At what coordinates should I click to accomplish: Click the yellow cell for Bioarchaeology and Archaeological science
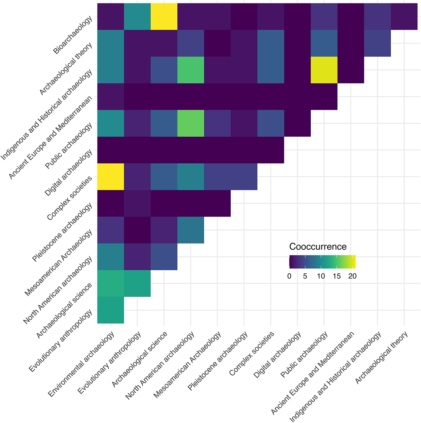pos(164,17)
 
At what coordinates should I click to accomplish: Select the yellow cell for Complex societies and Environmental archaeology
pos(111,177)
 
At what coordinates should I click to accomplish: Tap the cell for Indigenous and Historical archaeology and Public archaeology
pos(324,70)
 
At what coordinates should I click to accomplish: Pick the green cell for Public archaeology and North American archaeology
pos(191,123)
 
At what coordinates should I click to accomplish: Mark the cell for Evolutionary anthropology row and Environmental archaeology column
pos(111,310)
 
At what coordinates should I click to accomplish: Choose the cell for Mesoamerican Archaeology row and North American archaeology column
pos(191,230)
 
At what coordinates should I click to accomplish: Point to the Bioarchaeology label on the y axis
pos(72,35)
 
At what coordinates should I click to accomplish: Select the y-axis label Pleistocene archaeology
pos(62,232)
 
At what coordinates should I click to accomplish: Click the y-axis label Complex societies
pos(70,198)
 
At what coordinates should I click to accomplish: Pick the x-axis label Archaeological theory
pos(381,357)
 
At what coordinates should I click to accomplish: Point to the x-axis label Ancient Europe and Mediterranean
pos(313,373)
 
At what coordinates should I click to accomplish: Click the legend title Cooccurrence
pos(318,247)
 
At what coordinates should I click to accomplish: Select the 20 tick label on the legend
pos(352,276)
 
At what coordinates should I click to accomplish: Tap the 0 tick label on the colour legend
pos(289,276)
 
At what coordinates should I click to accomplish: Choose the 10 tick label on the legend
pos(321,276)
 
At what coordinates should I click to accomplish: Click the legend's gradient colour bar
pos(323,262)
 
